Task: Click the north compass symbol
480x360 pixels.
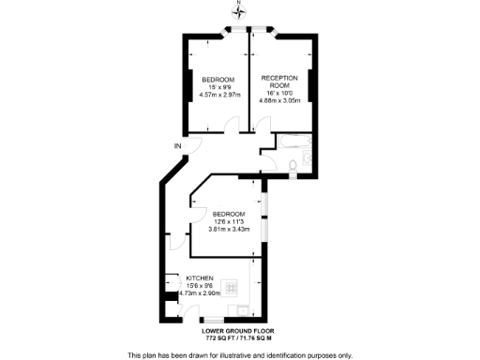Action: (239, 10)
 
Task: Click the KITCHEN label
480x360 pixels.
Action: (201, 278)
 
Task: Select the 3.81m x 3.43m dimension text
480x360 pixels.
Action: (228, 230)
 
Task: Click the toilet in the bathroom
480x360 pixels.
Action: (295, 167)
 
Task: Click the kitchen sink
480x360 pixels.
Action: (243, 311)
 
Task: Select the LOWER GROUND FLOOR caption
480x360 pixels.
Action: (239, 330)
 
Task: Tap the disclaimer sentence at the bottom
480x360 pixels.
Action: (239, 354)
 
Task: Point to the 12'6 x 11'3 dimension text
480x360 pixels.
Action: (228, 222)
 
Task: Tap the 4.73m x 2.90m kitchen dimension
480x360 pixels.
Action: (200, 293)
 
